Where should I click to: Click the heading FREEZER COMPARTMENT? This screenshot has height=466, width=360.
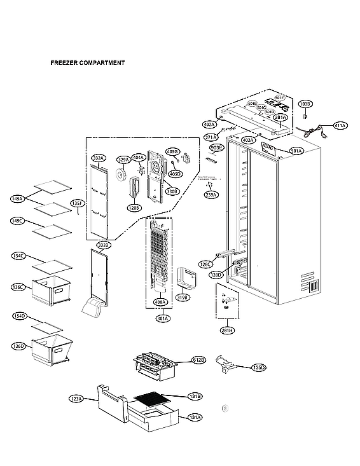pos(87,63)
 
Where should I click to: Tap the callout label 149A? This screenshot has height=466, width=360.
pos(17,199)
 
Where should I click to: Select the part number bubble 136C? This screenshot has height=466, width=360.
pos(18,287)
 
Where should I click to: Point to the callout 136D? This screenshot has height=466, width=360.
pos(18,346)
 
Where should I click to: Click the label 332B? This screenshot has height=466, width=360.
pos(104,245)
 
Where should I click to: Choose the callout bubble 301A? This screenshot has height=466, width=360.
pos(163,318)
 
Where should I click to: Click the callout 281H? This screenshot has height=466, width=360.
pos(227,331)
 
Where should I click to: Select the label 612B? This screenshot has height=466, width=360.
pos(198,360)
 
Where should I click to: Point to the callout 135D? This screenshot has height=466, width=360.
pos(259,367)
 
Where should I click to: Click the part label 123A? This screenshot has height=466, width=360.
pos(76,399)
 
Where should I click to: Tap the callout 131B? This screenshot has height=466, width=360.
pos(195,397)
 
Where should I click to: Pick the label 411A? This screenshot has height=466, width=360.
pos(340,126)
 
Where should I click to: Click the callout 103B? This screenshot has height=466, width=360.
pos(305,104)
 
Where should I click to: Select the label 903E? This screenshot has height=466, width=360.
pos(216,147)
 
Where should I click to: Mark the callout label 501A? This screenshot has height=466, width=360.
pos(296,151)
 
